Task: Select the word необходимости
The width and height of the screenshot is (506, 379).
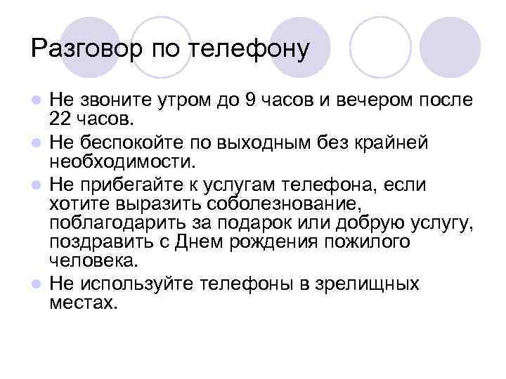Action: (x=121, y=162)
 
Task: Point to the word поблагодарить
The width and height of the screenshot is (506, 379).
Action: (x=121, y=224)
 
